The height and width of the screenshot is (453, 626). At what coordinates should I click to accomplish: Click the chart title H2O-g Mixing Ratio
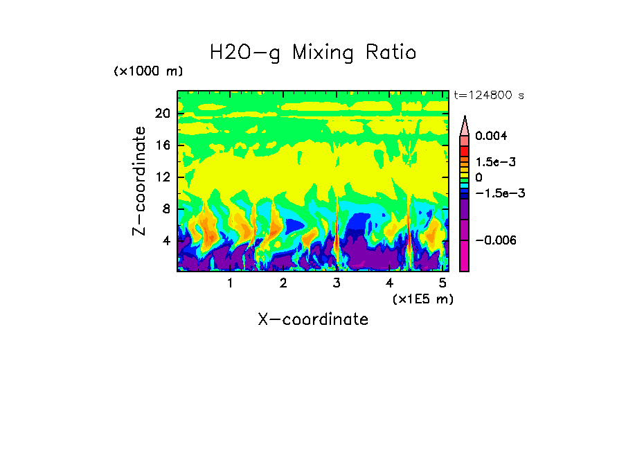pyautogui.click(x=313, y=53)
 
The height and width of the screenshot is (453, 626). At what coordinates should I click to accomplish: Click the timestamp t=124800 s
pyautogui.click(x=488, y=95)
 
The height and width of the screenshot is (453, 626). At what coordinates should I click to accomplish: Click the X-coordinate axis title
pyautogui.click(x=313, y=319)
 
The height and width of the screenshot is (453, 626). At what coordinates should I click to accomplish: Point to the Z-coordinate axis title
pyautogui.click(x=141, y=181)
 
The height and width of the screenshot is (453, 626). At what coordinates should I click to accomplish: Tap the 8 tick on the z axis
pyautogui.click(x=166, y=208)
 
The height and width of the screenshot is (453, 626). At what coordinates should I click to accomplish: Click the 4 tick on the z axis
pyautogui.click(x=166, y=240)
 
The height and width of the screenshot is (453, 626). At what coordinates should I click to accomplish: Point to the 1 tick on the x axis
pyautogui.click(x=230, y=283)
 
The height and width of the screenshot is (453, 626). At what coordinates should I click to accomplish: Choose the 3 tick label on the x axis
pyautogui.click(x=337, y=283)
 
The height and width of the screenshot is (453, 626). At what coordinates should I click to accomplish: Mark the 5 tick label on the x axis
pyautogui.click(x=442, y=283)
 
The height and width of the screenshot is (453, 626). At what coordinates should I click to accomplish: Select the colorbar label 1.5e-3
pyautogui.click(x=495, y=161)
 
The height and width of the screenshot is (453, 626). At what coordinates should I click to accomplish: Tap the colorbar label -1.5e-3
pyautogui.click(x=499, y=193)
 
